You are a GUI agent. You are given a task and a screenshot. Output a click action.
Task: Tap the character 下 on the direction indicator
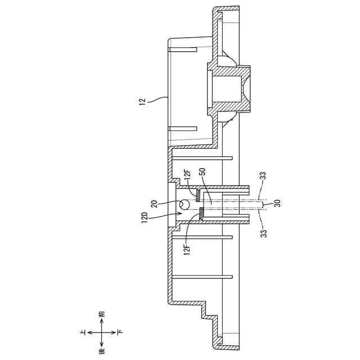pos(119,333)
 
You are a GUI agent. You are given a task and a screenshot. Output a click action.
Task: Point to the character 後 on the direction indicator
pos(101,352)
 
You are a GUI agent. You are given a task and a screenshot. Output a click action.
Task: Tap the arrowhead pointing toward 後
pos(101,345)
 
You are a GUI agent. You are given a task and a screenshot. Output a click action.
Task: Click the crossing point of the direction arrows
pos(101,333)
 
